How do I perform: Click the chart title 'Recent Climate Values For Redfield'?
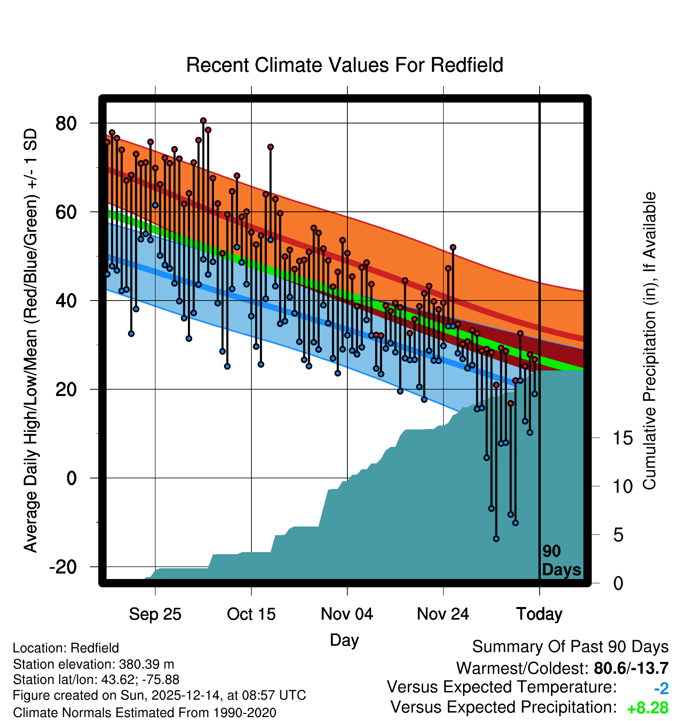coord(345,65)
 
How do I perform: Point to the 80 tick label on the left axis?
coord(66,123)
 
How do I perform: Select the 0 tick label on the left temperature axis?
coord(71,478)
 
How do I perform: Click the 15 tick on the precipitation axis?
coord(622,438)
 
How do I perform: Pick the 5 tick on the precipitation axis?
coord(618,535)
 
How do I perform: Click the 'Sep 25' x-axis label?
coord(155,614)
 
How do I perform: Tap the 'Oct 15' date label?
coord(251,614)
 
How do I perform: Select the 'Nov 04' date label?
coord(347,614)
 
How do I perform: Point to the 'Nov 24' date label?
coord(443,614)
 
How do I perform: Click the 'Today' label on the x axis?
coord(539,614)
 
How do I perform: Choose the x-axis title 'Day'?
coord(344,640)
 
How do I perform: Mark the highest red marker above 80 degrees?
coord(203,121)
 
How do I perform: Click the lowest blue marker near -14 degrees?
coord(496,539)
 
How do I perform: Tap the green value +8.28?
coord(647,708)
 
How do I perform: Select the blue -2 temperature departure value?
coord(661,689)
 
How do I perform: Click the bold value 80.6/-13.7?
coord(631,668)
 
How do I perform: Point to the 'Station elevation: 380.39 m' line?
coord(94,664)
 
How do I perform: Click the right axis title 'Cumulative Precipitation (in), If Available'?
coord(649,341)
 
